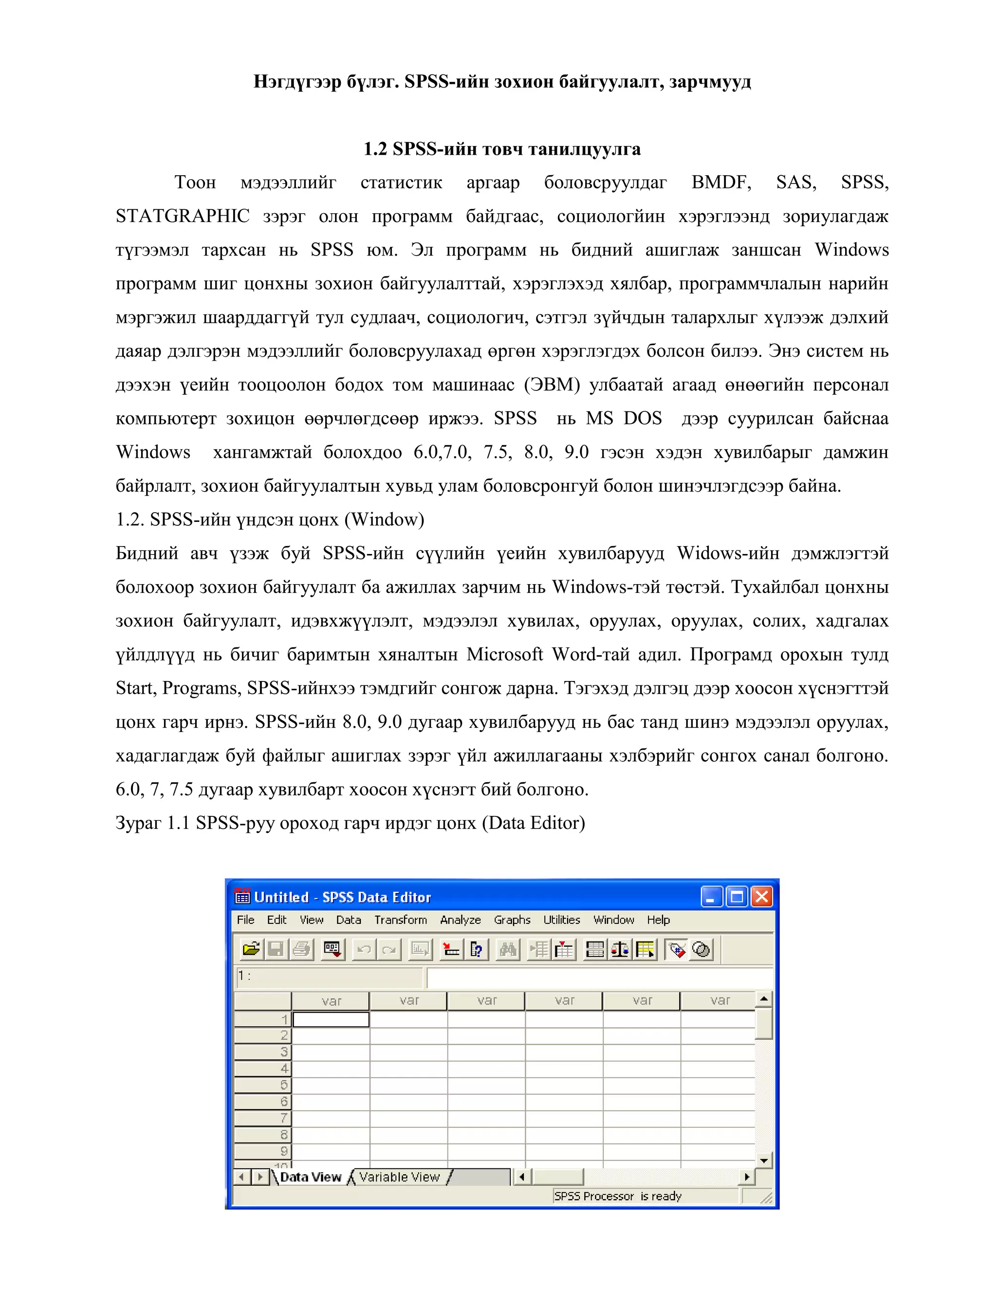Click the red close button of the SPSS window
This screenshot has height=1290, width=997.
click(x=762, y=897)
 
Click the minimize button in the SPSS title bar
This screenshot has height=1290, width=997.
click(x=711, y=897)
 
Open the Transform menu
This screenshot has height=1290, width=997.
click(x=401, y=920)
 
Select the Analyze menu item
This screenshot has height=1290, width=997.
click(x=460, y=920)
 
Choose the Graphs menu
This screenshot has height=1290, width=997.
click(x=512, y=920)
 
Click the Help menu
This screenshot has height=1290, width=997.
click(x=658, y=920)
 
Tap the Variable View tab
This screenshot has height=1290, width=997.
click(x=399, y=1177)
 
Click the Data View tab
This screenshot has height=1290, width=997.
click(x=310, y=1177)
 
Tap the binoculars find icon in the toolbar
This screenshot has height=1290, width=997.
click(x=507, y=949)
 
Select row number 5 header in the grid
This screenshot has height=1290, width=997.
click(x=263, y=1085)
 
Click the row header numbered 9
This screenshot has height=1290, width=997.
click(x=263, y=1151)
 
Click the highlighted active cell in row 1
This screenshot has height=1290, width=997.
click(x=331, y=1019)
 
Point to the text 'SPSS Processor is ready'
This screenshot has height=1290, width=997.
click(x=617, y=1196)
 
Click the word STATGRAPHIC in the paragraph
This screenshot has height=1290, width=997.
click(x=183, y=216)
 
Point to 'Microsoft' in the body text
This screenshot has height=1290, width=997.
click(x=504, y=654)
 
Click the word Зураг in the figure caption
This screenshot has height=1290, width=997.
click(x=138, y=823)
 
